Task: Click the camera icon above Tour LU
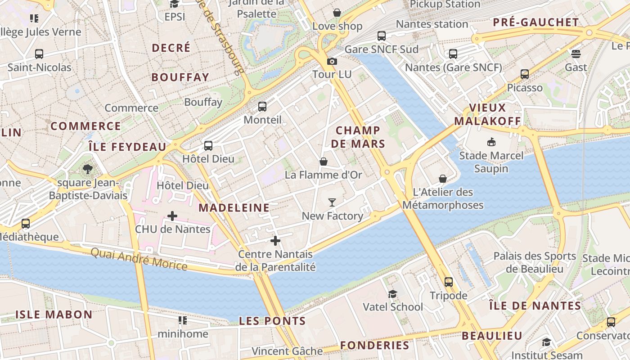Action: click(332, 61)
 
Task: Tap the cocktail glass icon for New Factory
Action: click(332, 202)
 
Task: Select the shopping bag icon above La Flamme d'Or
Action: click(324, 162)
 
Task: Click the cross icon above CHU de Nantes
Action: click(172, 216)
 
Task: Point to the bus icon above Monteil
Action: click(262, 107)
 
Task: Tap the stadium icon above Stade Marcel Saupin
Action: click(491, 142)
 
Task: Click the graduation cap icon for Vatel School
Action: click(393, 294)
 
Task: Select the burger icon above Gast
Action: click(576, 54)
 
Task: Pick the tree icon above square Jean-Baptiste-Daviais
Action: click(88, 169)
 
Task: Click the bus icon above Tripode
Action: click(449, 282)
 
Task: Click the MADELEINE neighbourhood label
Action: click(234, 207)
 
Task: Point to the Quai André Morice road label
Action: click(139, 259)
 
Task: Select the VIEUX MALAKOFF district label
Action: click(487, 114)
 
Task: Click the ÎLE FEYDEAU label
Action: click(127, 147)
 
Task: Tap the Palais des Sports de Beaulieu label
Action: click(535, 262)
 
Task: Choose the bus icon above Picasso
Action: click(525, 74)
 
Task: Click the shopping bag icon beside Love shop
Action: click(337, 13)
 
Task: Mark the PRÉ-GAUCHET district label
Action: click(536, 22)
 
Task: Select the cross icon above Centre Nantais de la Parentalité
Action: click(275, 241)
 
